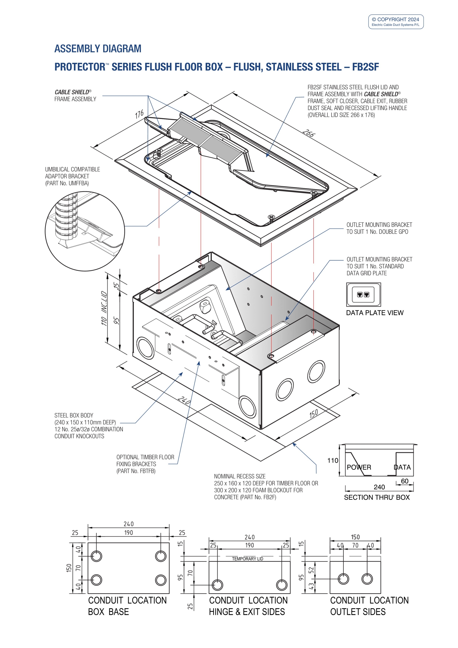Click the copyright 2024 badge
pyautogui.click(x=396, y=22)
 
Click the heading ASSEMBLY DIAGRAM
pyautogui.click(x=98, y=49)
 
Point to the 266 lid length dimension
pyautogui.click(x=308, y=133)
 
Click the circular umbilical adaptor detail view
pyautogui.click(x=85, y=231)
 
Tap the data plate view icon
pyautogui.click(x=363, y=294)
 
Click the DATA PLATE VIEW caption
pyautogui.click(x=374, y=313)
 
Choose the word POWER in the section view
pyautogui.click(x=359, y=467)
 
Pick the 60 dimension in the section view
pyautogui.click(x=404, y=481)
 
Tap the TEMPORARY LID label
pyautogui.click(x=247, y=559)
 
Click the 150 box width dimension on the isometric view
pyautogui.click(x=314, y=413)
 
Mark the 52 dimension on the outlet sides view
pyautogui.click(x=311, y=570)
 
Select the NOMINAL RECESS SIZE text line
pyautogui.click(x=240, y=476)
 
